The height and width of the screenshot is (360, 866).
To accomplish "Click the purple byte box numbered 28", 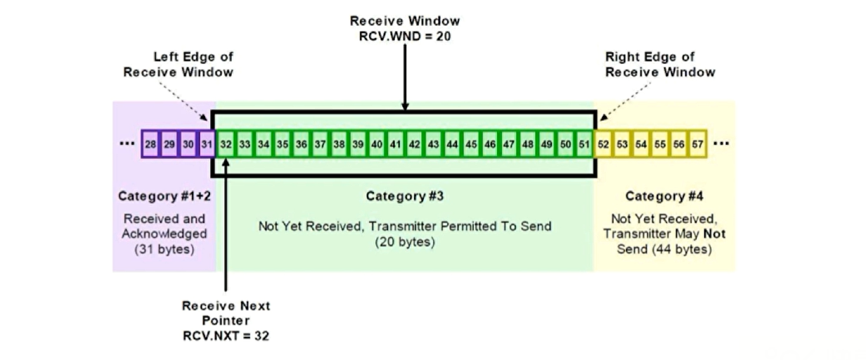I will point(150,144).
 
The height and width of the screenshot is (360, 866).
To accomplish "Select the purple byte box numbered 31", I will point(207,144).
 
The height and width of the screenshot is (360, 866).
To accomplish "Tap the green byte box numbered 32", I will point(226,144).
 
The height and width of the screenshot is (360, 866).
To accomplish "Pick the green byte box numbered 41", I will point(396,144).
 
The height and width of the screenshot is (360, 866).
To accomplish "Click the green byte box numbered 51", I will point(585,144).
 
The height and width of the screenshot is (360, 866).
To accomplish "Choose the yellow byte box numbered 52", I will point(603,144).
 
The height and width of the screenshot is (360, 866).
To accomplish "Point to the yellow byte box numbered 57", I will point(697,144).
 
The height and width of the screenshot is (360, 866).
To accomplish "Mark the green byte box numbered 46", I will point(490,144).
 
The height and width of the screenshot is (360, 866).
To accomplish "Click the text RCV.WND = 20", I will point(405,36).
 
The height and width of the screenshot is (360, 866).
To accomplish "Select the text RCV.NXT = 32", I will point(226,335).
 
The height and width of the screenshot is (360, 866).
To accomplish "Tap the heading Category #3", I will point(405,196).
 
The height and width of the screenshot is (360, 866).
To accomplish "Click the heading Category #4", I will point(664,196).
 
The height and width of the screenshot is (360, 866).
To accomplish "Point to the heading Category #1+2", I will point(164,196).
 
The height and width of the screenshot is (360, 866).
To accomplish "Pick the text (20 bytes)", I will point(405,242).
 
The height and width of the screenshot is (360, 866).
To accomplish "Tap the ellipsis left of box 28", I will point(127,143).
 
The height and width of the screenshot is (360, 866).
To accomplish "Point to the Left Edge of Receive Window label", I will point(179,64).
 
